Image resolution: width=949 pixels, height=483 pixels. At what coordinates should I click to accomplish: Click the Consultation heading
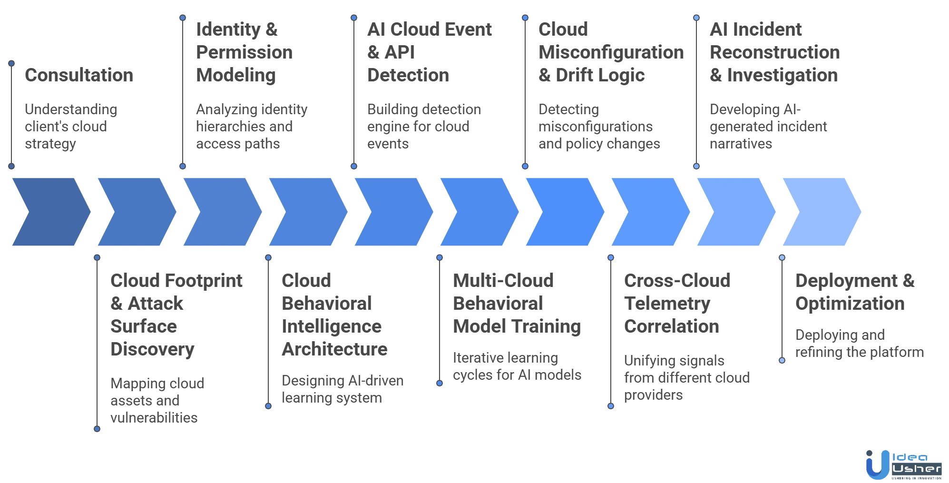(x=78, y=75)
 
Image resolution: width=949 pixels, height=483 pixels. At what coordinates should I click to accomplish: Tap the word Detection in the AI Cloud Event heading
(x=407, y=75)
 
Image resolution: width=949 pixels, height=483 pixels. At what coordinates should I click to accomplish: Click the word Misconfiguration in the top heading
(x=611, y=52)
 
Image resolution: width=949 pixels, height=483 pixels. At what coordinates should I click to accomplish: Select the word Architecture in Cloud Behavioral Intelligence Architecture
(x=335, y=349)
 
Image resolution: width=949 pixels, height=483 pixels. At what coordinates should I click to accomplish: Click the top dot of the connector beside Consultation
(x=11, y=62)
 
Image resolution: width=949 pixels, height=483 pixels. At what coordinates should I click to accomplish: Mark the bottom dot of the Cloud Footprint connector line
(x=97, y=429)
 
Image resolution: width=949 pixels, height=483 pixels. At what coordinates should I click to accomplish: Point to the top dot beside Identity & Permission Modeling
(x=183, y=18)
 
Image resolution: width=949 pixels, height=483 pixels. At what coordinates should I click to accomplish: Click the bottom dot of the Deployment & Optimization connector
(x=782, y=360)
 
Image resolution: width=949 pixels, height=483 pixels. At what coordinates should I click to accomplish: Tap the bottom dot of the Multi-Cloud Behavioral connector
(x=440, y=383)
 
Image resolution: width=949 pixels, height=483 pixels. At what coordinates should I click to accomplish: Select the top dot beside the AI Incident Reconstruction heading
(x=696, y=18)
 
